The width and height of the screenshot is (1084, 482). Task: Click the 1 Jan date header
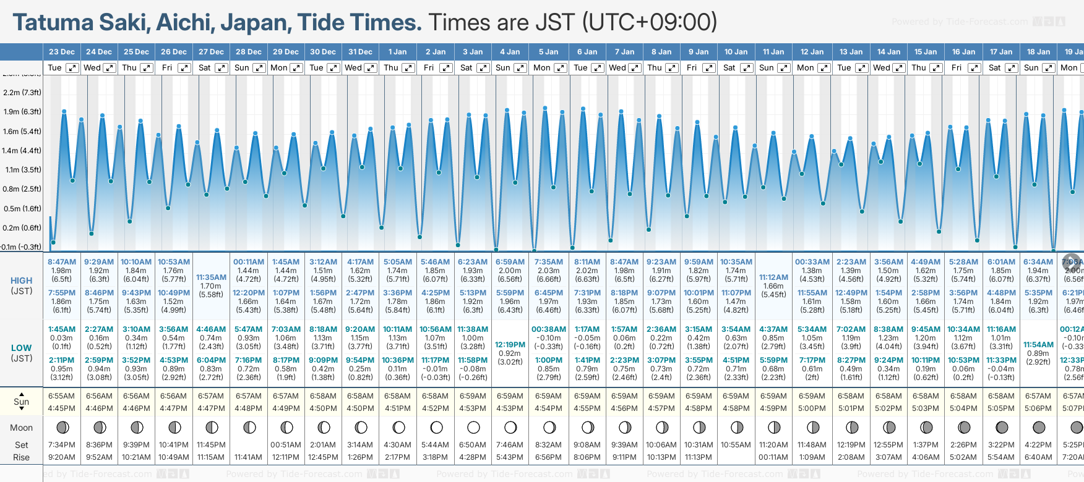[x=397, y=52]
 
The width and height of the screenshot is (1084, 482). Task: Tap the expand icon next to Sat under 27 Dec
[x=221, y=68]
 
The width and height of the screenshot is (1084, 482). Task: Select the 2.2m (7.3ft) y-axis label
[x=22, y=93]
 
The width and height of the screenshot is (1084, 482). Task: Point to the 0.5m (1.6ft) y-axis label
[x=22, y=209]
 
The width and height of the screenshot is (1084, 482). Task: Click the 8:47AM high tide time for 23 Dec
[x=62, y=262]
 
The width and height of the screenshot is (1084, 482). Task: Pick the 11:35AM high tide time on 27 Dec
[x=211, y=277]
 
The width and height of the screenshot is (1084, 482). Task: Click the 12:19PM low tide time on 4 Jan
[x=510, y=345]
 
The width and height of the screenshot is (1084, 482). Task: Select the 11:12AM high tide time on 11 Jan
[x=773, y=277]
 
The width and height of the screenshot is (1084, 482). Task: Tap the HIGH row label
[x=22, y=281]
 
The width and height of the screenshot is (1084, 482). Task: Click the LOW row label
[x=22, y=348]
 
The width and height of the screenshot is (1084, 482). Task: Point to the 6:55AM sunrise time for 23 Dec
[x=62, y=396]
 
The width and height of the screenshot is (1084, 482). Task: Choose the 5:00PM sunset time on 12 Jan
[x=812, y=408]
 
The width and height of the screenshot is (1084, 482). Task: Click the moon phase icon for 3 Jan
[x=473, y=427]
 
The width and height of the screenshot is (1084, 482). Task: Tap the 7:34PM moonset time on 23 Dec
[x=62, y=445]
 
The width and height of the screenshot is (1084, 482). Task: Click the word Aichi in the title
[x=185, y=23]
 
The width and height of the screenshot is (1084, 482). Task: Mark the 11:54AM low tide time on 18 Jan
[x=1038, y=345]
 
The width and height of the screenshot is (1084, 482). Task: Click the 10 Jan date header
[x=736, y=52]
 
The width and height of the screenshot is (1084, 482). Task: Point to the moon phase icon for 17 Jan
[x=1002, y=427]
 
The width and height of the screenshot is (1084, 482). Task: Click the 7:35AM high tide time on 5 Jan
[x=549, y=262]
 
